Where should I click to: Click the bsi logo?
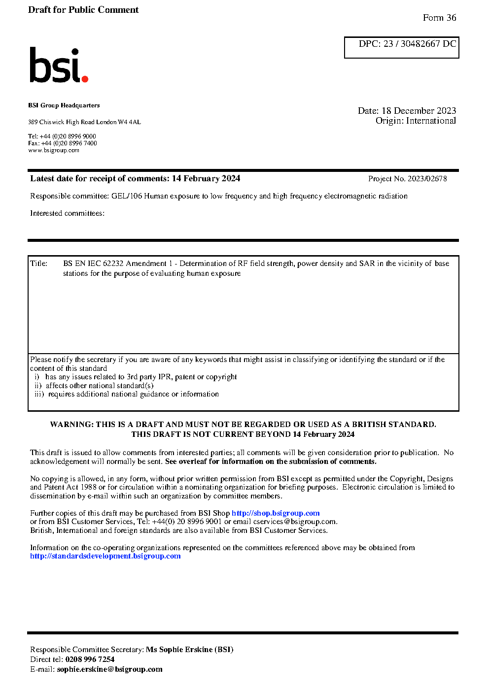[x=58, y=65]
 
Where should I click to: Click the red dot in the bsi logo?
[x=85, y=78]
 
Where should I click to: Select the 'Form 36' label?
[x=439, y=18]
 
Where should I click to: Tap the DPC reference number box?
[x=401, y=47]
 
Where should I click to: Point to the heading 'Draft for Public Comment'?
[x=83, y=10]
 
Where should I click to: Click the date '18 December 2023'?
[x=419, y=111]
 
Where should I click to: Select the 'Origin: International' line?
[x=416, y=121]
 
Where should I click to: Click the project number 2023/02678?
[x=427, y=179]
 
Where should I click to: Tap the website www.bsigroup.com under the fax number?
[x=54, y=150]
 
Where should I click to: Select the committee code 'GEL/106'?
[x=127, y=196]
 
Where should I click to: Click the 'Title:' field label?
[x=39, y=263]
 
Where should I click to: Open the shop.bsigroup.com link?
[x=276, y=513]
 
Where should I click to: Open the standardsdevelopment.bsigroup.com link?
[x=105, y=556]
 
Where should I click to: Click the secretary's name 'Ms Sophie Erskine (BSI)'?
[x=190, y=650]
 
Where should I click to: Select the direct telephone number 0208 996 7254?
[x=90, y=659]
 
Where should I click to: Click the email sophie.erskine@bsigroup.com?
[x=109, y=669]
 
